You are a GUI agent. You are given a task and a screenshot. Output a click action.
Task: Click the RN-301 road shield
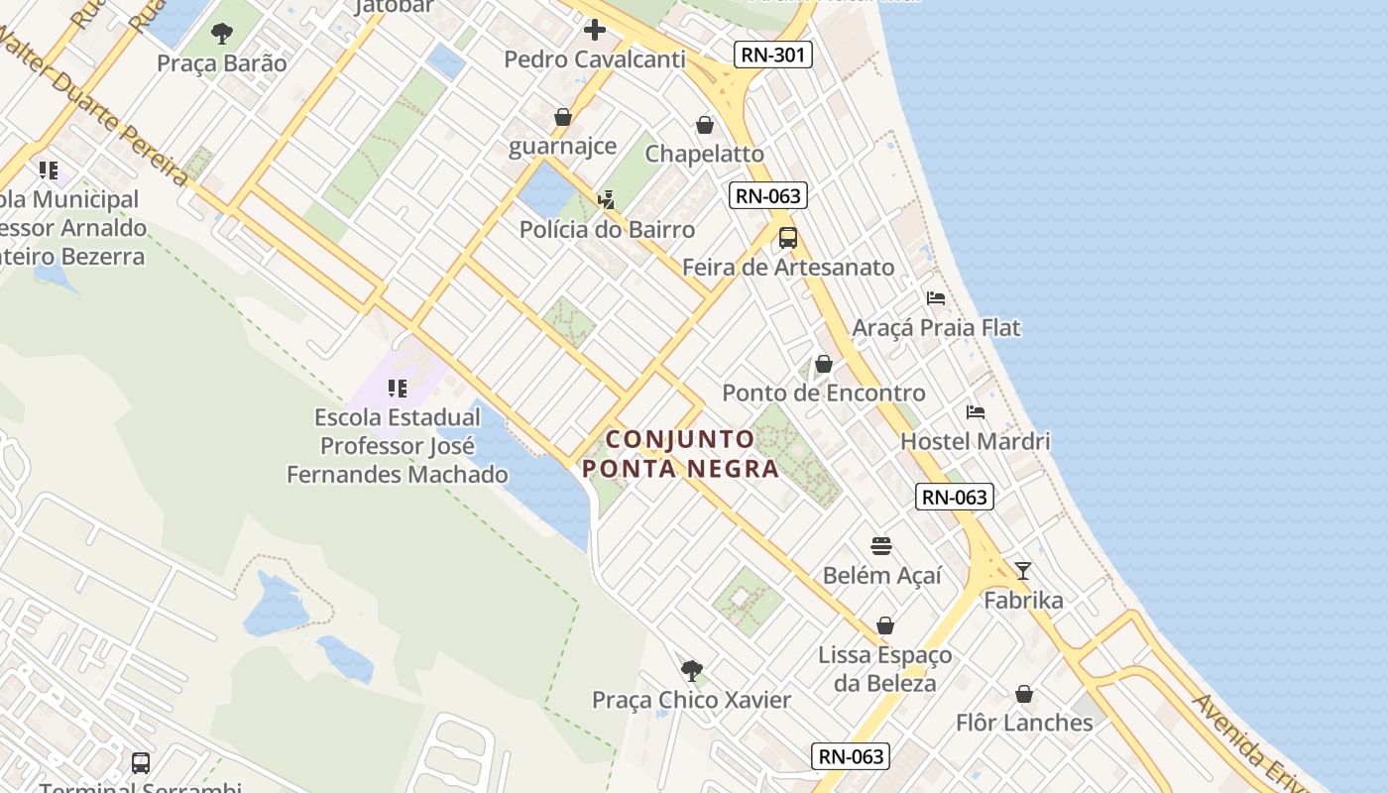point(773,55)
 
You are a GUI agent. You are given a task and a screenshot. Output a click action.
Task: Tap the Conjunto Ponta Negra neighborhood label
point(680,453)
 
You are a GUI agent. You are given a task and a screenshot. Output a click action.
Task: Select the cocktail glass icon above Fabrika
point(1023,570)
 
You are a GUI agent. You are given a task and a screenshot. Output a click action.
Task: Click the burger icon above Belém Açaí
point(881,546)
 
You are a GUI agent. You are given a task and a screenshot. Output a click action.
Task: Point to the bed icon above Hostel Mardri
point(976,412)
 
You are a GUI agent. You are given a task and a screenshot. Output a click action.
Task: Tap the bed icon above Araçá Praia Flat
point(935,298)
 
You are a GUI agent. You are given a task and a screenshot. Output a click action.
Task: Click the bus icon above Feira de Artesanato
point(788,238)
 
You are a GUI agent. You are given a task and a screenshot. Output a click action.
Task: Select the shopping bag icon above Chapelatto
point(705,125)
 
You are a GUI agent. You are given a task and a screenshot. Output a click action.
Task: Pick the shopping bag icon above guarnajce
point(563,118)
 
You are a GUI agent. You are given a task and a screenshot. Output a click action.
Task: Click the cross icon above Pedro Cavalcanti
point(595,30)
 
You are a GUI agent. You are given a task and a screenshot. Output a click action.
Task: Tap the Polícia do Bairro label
point(608,229)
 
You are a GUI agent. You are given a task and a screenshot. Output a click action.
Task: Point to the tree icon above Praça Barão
point(222,35)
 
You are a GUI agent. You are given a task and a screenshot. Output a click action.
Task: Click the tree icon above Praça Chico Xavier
point(692,671)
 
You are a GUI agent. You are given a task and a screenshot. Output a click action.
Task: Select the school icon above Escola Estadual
point(398,389)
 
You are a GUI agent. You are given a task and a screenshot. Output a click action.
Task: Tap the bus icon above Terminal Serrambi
point(141,763)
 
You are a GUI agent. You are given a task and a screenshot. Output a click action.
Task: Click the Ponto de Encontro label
point(824,393)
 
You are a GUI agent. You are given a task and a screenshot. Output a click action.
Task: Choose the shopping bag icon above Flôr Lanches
point(1024,694)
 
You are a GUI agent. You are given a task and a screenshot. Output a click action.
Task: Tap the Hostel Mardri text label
point(976,440)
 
